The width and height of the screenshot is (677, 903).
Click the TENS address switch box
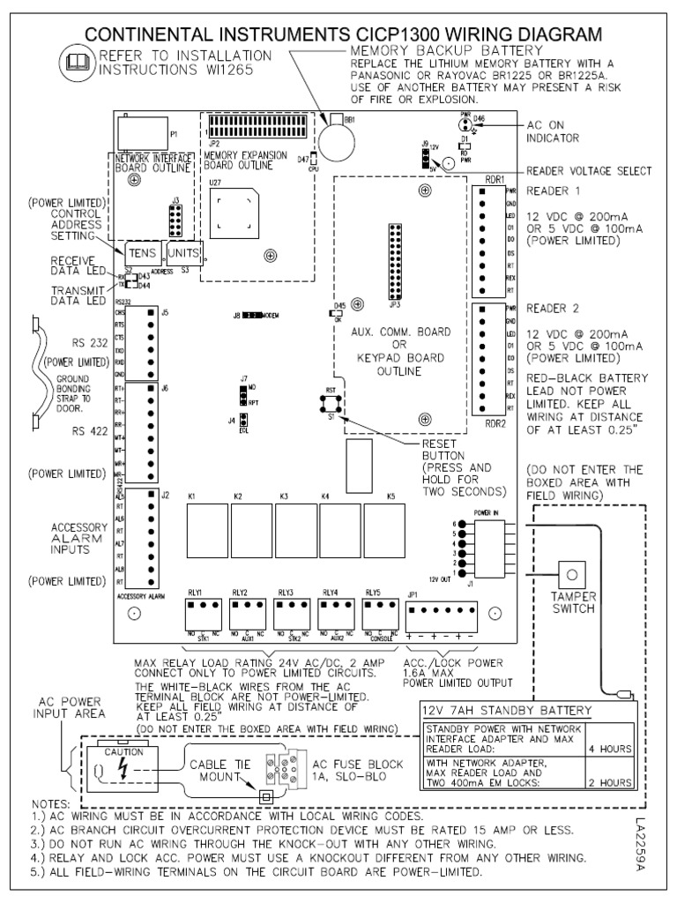(x=142, y=250)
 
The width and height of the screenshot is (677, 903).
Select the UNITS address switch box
(x=184, y=250)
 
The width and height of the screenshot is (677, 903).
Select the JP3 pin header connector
(x=389, y=262)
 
